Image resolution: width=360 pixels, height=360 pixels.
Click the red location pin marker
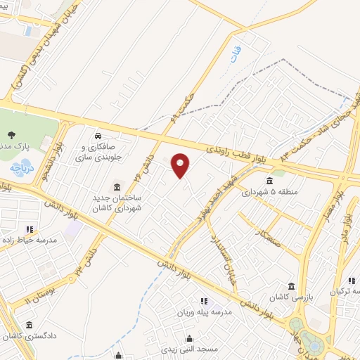[181, 165]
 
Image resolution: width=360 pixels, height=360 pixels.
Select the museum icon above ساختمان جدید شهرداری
[116, 187]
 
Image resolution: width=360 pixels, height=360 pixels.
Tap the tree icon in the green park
[11, 134]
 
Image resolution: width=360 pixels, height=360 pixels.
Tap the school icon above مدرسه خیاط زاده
[30, 229]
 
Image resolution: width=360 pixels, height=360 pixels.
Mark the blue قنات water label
[233, 56]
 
